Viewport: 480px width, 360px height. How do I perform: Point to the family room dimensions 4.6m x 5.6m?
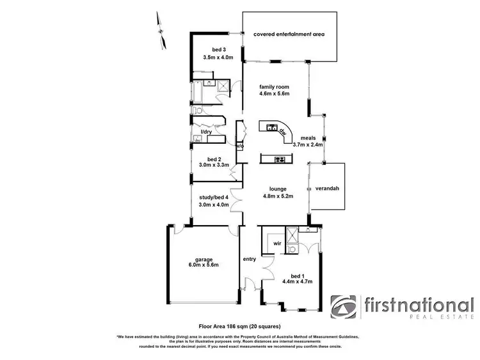(x=275, y=94)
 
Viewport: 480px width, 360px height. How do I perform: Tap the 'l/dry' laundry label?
(x=207, y=132)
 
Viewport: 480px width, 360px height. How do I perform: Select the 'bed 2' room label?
(x=214, y=160)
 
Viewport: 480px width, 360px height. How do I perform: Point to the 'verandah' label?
(x=327, y=189)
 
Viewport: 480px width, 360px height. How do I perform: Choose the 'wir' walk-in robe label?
(x=277, y=244)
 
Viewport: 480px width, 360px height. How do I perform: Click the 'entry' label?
(x=249, y=259)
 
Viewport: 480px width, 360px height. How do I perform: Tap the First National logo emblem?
(x=345, y=308)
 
